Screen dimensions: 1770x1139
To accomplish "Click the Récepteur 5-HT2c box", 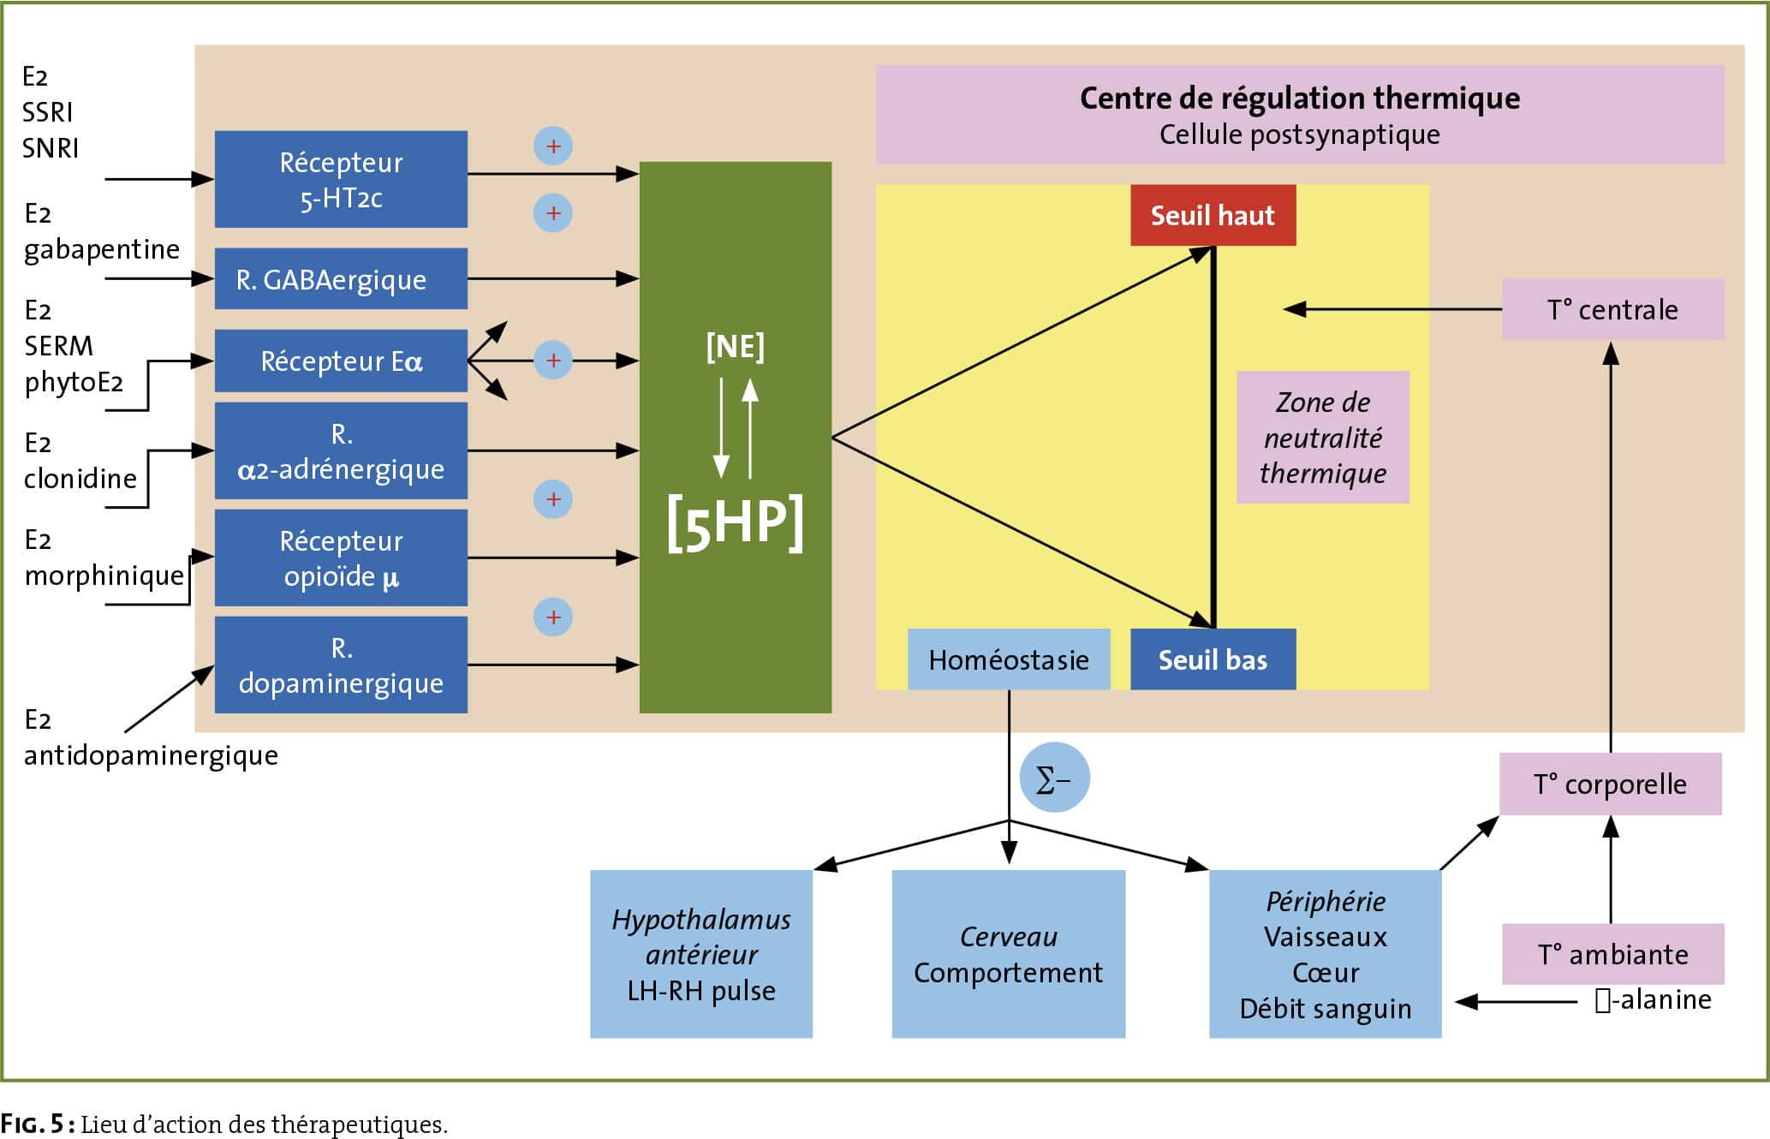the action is tap(341, 179).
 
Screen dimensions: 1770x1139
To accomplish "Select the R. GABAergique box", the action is tap(341, 278).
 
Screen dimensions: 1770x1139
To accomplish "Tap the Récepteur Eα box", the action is tap(341, 361).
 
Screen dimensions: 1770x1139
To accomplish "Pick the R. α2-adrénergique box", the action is tap(341, 450).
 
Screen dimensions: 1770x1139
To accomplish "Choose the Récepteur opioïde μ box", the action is tap(341, 558).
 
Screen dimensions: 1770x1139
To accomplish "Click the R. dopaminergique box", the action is tap(341, 665).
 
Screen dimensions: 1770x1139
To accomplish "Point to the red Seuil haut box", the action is tap(1213, 215).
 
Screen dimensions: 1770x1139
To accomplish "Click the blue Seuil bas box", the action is tap(1213, 659).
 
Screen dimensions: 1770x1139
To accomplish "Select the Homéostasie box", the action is tap(1009, 659).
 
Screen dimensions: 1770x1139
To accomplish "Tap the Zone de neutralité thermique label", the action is tap(1323, 437).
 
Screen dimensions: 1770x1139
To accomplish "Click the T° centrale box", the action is tap(1613, 309).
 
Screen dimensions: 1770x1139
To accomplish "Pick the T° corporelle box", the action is tap(1611, 784).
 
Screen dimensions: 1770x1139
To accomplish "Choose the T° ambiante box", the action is tap(1613, 954).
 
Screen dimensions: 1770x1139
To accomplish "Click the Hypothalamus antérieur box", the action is tap(701, 954).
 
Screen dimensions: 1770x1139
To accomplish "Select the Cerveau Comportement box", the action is tap(1009, 954).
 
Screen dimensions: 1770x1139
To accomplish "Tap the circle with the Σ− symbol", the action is tap(1055, 778).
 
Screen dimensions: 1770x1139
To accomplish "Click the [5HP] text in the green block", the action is tap(736, 523).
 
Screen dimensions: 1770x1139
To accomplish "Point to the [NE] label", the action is tap(736, 346).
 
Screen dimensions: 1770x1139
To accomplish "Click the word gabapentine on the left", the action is tap(102, 249).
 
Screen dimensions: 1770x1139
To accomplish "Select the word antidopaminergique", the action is tap(151, 755).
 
